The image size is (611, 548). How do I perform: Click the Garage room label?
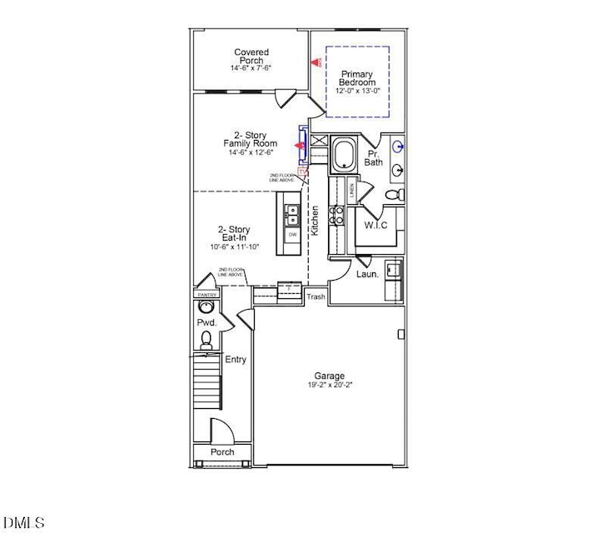coord(329,376)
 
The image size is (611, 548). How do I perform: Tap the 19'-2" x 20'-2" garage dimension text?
coord(329,386)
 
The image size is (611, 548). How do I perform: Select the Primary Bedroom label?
coord(355,78)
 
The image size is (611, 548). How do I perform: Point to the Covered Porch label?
coord(251,57)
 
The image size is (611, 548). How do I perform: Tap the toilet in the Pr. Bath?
coord(396,194)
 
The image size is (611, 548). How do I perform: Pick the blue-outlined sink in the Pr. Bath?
coord(399,147)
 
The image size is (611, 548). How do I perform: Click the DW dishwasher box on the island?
coord(292,235)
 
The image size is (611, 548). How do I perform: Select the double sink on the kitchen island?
coord(291,217)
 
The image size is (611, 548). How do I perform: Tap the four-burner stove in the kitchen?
coord(337,215)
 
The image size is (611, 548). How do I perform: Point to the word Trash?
coord(315,296)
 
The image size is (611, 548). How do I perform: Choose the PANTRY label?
coord(206,295)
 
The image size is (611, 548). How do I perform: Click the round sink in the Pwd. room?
coord(206,306)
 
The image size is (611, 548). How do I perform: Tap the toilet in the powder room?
coord(206,339)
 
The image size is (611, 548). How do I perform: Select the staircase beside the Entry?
coord(206,380)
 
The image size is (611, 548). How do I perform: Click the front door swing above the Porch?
coord(221,432)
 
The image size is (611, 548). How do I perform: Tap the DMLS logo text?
coord(23,523)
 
